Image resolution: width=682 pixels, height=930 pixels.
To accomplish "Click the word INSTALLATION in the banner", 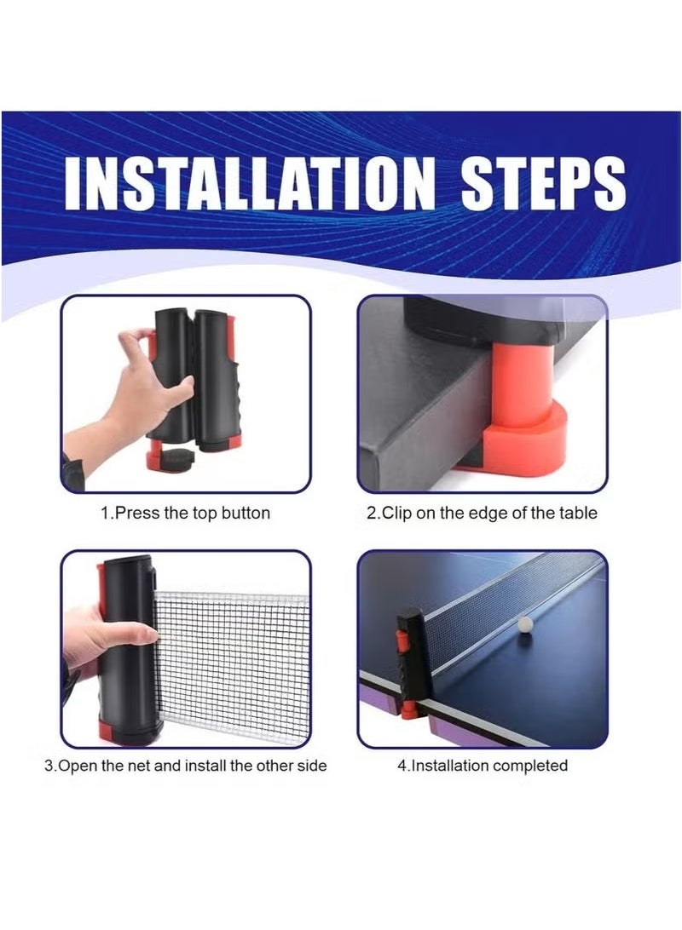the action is coord(246,183).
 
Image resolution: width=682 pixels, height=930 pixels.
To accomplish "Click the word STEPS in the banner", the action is coord(542,183).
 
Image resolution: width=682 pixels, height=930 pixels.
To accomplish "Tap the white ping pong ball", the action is coord(525,625).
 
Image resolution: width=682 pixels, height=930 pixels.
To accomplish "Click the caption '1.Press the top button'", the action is coord(185,513).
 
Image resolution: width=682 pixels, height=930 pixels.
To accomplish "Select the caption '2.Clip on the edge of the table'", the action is coord(482,513).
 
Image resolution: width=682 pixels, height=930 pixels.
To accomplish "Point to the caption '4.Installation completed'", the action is coord(483,766).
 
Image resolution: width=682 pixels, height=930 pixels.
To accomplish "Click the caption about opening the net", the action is coord(186,766).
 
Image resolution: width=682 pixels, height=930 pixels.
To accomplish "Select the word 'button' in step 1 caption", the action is coord(246,513).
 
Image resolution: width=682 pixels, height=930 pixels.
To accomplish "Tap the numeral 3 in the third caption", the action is coord(49,766).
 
